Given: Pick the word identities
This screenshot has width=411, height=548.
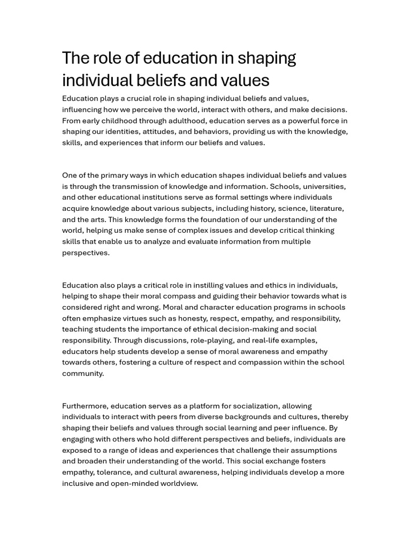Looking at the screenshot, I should click(x=121, y=132).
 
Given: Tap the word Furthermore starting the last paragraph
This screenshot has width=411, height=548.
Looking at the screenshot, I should click(x=85, y=406).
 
